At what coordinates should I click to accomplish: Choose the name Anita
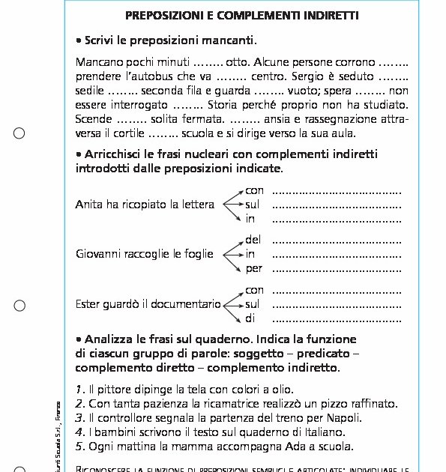(x=88, y=204)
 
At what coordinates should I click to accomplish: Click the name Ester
(x=88, y=304)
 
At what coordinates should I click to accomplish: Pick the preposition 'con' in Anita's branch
(x=255, y=190)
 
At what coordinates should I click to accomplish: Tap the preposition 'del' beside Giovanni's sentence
(x=253, y=240)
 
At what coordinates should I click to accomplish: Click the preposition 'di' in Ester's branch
(x=251, y=318)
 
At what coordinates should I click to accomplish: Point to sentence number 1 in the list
(x=79, y=390)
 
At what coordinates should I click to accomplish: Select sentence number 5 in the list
(x=79, y=447)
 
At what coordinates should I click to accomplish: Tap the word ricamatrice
(x=209, y=404)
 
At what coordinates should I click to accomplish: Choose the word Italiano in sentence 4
(x=324, y=432)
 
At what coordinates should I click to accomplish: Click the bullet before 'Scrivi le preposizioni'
(x=79, y=40)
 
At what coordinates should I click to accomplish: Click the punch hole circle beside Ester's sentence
(x=19, y=305)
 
